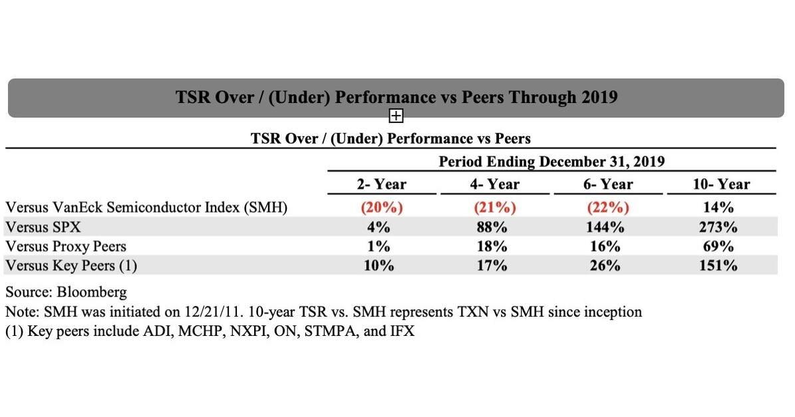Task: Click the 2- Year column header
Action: (x=382, y=184)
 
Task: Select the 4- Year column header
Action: (x=494, y=184)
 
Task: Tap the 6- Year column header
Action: (x=607, y=184)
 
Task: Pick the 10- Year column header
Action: (x=720, y=184)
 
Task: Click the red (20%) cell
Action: (x=382, y=208)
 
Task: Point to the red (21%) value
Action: (x=494, y=208)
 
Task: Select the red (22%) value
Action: (x=607, y=208)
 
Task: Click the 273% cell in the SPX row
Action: (x=720, y=227)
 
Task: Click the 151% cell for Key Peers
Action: (x=720, y=265)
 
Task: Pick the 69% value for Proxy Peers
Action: (x=720, y=246)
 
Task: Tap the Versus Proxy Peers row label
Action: (x=65, y=246)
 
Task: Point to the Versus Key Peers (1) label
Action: (x=71, y=265)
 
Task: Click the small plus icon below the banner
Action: (x=396, y=116)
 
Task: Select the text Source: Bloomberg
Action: (x=66, y=292)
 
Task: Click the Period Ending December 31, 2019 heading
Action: (x=552, y=161)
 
